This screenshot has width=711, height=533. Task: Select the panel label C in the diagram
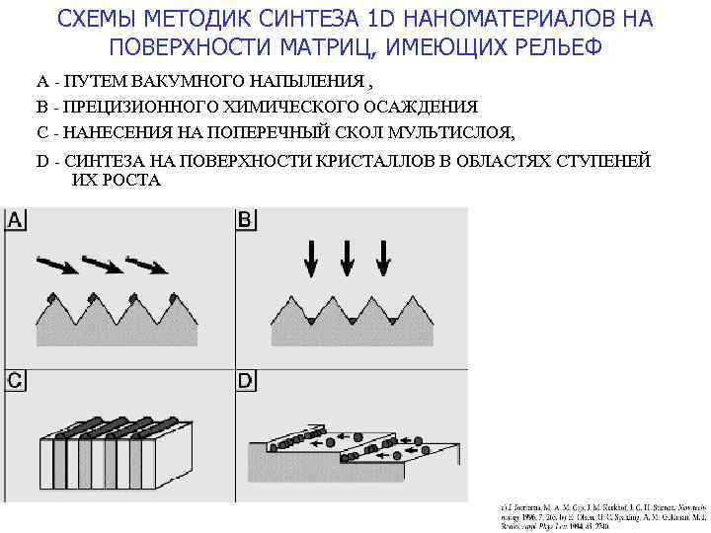point(17,380)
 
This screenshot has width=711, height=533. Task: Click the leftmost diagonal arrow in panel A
point(57,264)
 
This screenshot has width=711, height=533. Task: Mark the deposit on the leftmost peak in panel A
point(50,296)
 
